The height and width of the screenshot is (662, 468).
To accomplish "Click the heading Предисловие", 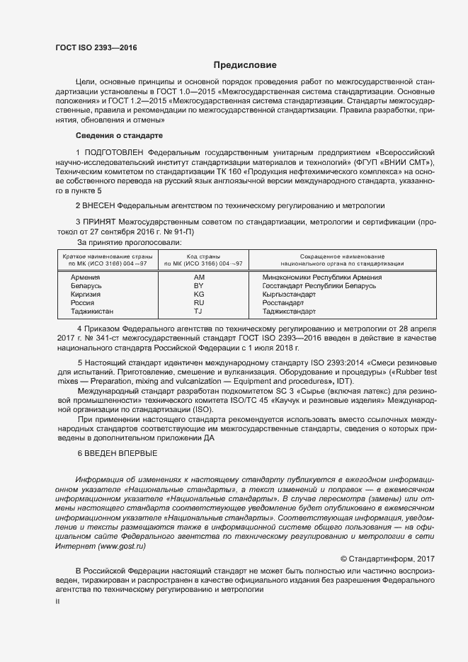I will point(245,65).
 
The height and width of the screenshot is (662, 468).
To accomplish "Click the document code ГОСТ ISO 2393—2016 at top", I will point(96,48).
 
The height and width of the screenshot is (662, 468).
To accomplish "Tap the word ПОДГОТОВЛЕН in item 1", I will point(115,152).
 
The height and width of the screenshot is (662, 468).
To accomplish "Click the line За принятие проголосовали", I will point(119,242).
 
